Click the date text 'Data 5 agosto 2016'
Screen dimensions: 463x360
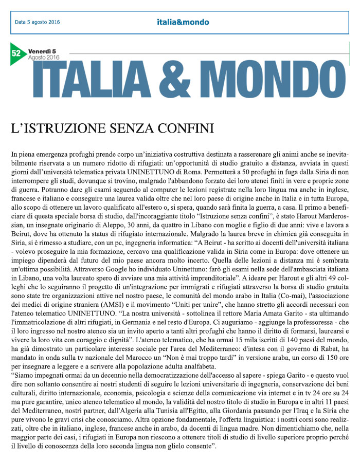coord(37,22)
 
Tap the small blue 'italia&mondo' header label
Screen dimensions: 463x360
coord(183,22)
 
